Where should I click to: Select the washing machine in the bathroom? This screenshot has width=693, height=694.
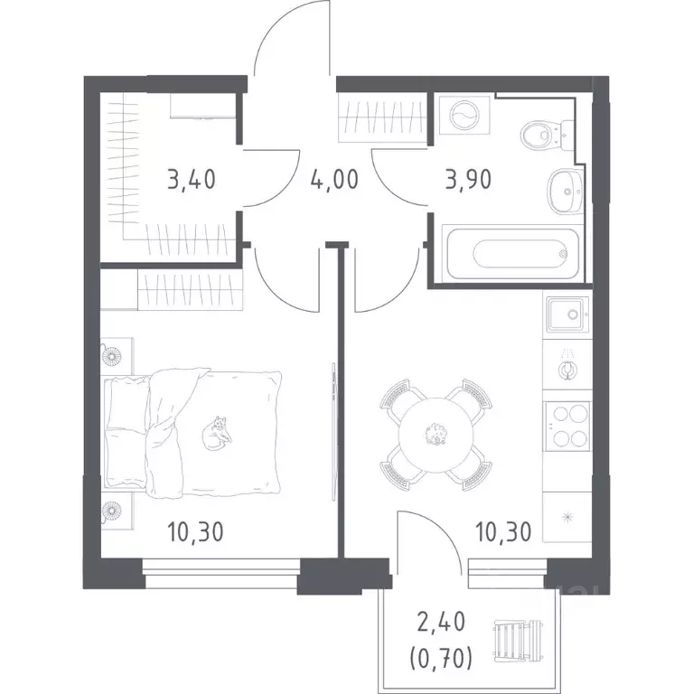[464, 115]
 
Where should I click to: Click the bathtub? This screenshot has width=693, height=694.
[512, 253]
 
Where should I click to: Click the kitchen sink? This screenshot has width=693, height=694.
[568, 314]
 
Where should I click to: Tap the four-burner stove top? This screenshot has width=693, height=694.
[567, 427]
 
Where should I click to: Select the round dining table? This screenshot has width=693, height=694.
[435, 435]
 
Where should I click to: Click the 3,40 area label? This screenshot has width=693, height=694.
[192, 180]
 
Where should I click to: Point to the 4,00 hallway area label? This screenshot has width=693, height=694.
[334, 180]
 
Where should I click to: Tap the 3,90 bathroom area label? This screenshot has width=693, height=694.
[469, 180]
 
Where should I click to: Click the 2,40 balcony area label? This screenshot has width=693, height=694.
[441, 623]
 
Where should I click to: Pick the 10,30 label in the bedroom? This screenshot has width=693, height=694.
[195, 531]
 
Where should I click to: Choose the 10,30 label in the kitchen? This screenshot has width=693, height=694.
[503, 531]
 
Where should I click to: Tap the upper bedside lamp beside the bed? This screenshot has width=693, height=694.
[111, 355]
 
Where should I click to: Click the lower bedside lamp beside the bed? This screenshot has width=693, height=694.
[111, 511]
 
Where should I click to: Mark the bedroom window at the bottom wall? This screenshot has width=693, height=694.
[222, 574]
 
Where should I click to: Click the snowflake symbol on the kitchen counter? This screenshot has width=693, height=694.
[567, 517]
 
